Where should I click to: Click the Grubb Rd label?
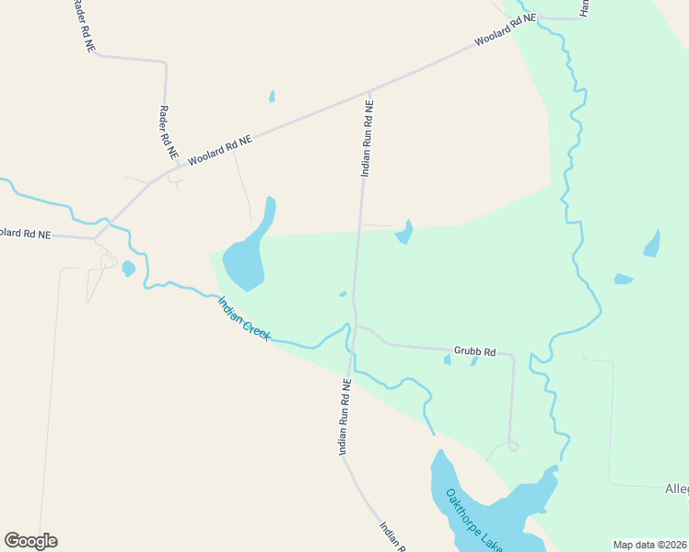coord(475,351)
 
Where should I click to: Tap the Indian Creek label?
coord(244,318)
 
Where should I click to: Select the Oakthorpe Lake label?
coord(473,520)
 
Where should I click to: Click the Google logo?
coord(30,541)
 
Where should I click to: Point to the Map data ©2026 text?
coord(649,545)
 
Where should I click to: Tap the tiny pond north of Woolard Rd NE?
coord(272,96)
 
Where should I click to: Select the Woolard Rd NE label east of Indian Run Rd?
coord(505,30)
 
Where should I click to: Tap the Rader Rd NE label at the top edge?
coord(80,25)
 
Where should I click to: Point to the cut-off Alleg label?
coord(676,489)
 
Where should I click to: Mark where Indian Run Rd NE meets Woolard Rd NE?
coord(368,94)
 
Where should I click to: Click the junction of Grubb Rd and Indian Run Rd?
coord(356,326)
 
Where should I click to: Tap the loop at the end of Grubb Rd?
coord(513,446)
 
